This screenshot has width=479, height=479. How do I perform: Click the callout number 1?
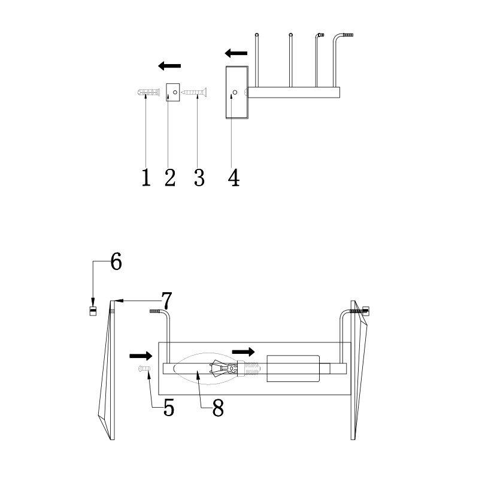click(x=146, y=177)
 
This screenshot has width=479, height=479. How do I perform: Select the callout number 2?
click(x=170, y=177)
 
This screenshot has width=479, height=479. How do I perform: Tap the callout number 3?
click(x=199, y=177)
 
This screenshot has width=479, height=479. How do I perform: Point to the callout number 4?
click(x=234, y=177)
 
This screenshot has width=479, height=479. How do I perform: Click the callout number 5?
click(x=169, y=407)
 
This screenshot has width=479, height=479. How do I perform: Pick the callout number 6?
click(x=116, y=262)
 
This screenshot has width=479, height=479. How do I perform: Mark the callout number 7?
click(x=167, y=301)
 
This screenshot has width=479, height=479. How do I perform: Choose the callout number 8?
click(x=218, y=407)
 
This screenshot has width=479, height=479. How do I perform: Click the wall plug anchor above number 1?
click(x=147, y=92)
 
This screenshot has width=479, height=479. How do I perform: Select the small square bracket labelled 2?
click(x=173, y=92)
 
